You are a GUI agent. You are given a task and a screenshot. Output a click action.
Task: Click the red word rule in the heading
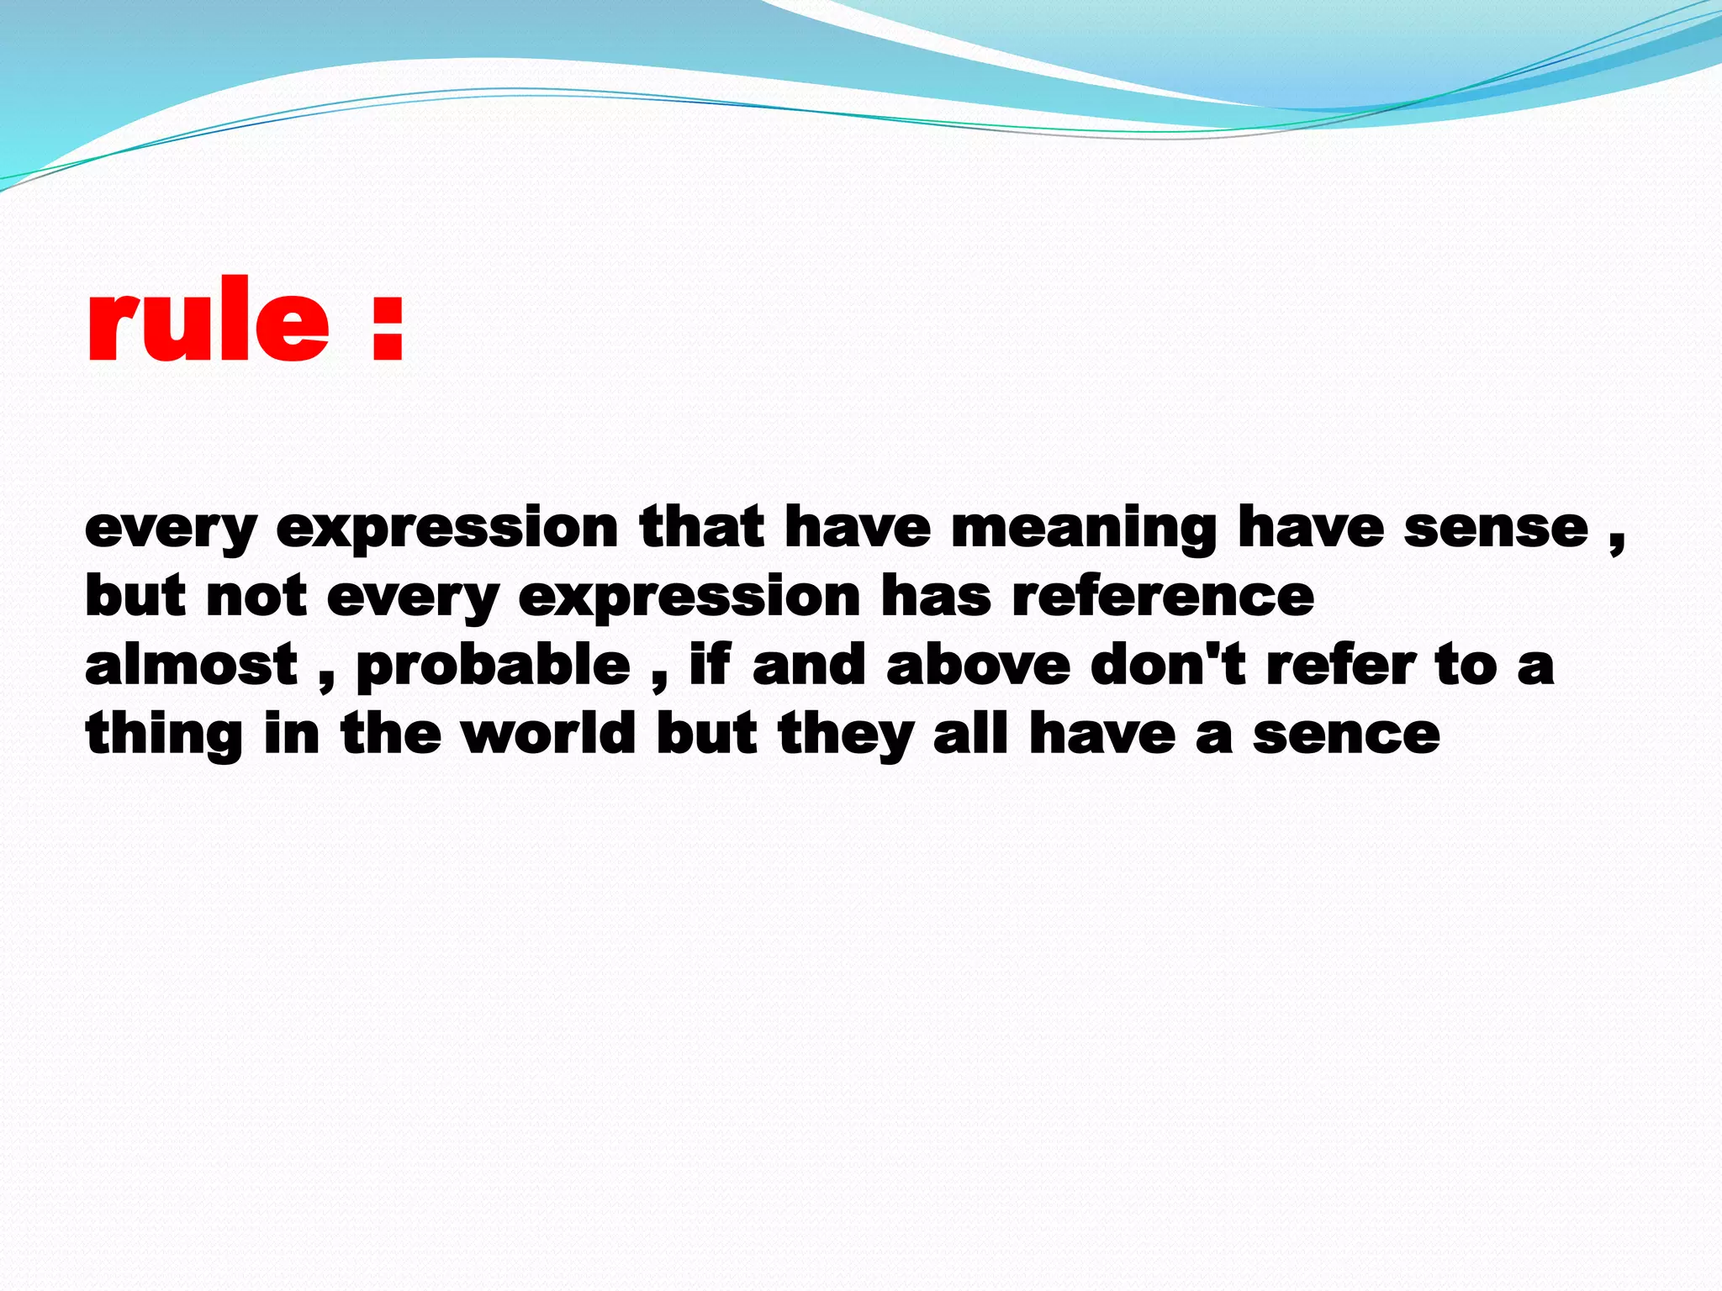(x=208, y=324)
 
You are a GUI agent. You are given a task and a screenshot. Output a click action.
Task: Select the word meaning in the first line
(x=1084, y=530)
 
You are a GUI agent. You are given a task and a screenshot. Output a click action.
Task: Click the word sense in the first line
(x=1496, y=529)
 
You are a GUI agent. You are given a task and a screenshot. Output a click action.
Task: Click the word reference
(x=1163, y=597)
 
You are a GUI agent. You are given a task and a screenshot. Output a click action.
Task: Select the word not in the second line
(x=256, y=597)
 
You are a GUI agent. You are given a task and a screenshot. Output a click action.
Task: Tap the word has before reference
(x=936, y=597)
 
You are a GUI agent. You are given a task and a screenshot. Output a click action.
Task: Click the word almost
(x=192, y=666)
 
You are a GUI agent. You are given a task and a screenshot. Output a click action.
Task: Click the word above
(x=978, y=666)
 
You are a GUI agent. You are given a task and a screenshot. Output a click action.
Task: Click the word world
(x=549, y=734)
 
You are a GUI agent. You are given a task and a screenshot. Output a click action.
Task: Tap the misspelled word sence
(x=1346, y=735)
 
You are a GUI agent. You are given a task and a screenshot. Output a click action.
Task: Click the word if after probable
(x=710, y=666)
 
